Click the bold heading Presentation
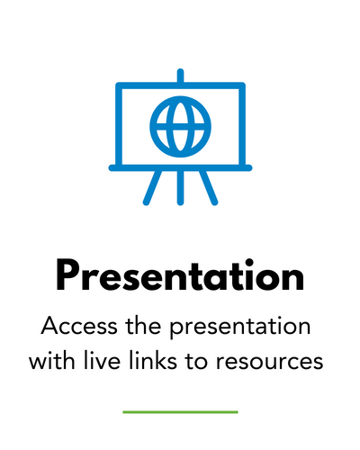pyautogui.click(x=180, y=276)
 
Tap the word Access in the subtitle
pyautogui.click(x=79, y=326)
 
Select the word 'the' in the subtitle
pyautogui.click(x=143, y=325)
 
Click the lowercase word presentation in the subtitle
pyautogui.click(x=240, y=328)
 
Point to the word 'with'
pyautogui.click(x=51, y=360)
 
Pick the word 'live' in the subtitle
pyautogui.click(x=102, y=360)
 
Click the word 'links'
pyautogui.click(x=153, y=360)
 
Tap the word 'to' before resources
pyautogui.click(x=196, y=361)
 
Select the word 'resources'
pyautogui.click(x=270, y=363)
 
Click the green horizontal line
pyautogui.click(x=180, y=412)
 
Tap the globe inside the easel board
pyautogui.click(x=180, y=127)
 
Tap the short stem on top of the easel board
pyautogui.click(x=180, y=76)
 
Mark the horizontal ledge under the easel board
pyautogui.click(x=180, y=168)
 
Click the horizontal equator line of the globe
pyautogui.click(x=180, y=127)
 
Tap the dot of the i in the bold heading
pyautogui.click(x=248, y=262)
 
